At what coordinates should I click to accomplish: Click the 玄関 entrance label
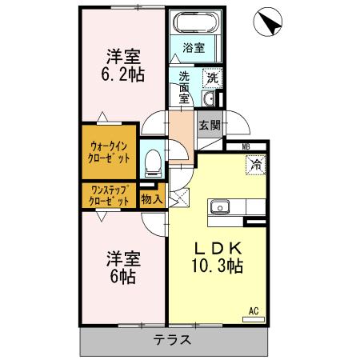210,125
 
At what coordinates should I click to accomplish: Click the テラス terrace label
173,339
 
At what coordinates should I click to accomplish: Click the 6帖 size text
122,276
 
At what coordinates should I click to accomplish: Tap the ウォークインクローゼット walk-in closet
110,151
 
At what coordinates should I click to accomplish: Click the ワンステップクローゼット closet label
110,196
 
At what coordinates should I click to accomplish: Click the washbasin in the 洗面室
209,99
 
